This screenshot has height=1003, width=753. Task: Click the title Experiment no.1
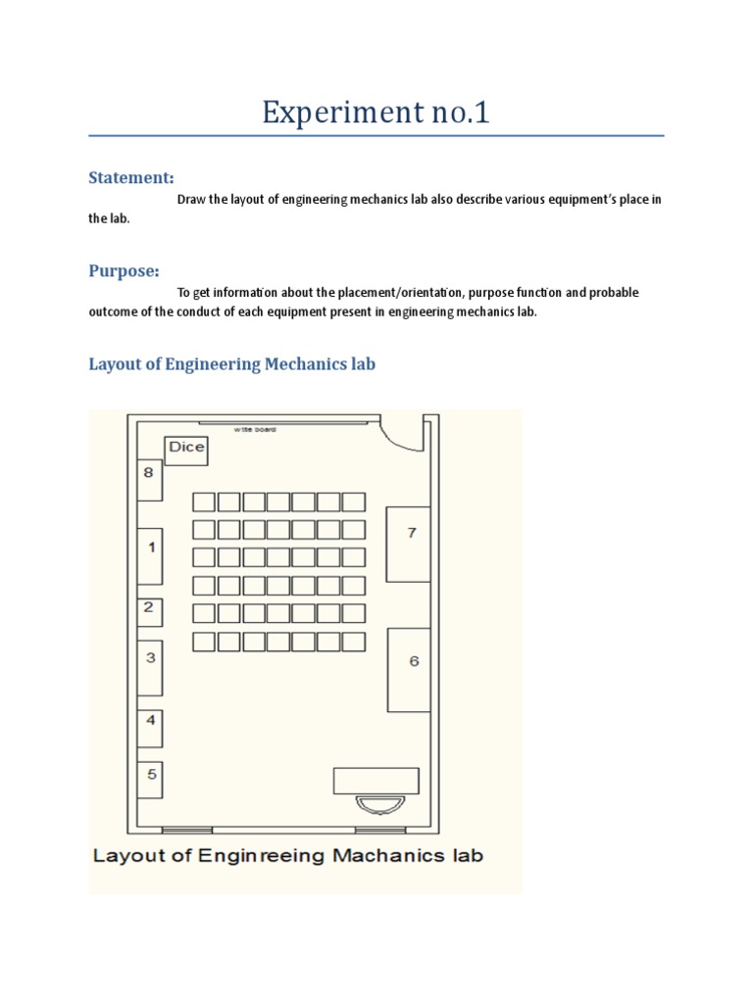click(x=376, y=114)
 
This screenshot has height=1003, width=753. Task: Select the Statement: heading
click(x=131, y=177)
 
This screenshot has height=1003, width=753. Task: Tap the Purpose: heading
click(x=124, y=270)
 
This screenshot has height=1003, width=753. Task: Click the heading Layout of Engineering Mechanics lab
click(x=232, y=364)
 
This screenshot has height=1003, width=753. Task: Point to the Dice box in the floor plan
click(x=186, y=449)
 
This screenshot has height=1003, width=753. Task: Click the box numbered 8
click(x=149, y=479)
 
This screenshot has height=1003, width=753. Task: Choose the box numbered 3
click(x=150, y=667)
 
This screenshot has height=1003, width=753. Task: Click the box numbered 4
click(x=150, y=728)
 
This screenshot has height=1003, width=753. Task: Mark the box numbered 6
click(x=409, y=669)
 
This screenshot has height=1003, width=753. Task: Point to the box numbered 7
click(x=408, y=543)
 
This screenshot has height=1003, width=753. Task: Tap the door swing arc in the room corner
click(x=403, y=437)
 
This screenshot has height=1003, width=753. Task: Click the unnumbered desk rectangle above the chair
click(x=376, y=780)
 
